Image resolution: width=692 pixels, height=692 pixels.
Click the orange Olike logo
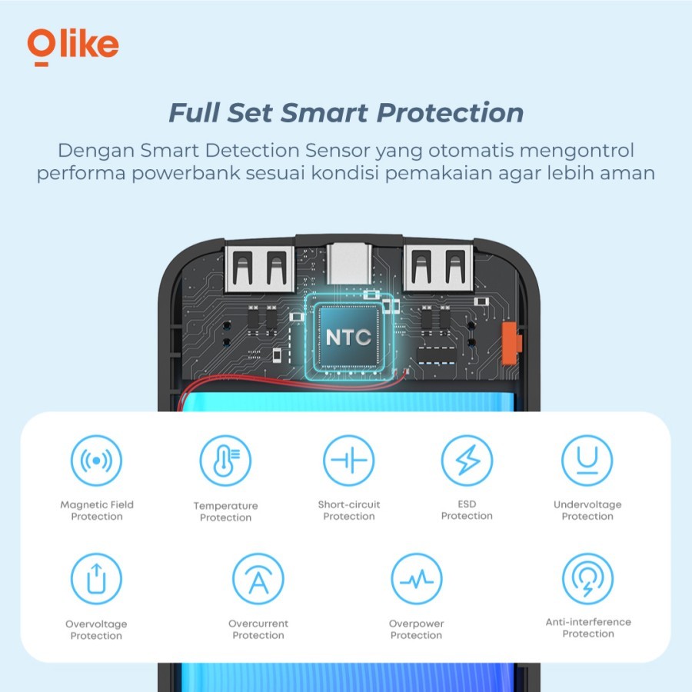pos(73,47)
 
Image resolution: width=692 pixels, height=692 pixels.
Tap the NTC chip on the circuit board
pos(348,337)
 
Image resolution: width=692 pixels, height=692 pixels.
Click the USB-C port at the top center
pos(348,264)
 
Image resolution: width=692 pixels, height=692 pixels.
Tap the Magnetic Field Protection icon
pos(96,461)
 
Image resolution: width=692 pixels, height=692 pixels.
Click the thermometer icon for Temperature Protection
pos(225,461)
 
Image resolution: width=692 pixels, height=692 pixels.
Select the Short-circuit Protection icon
pos(348,461)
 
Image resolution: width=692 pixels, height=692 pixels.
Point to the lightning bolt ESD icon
pos(467,461)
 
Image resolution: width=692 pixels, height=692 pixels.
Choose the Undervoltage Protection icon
pos(587,461)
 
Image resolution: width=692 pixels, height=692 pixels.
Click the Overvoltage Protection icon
pos(96,578)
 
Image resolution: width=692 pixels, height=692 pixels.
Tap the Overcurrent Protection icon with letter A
pos(258,578)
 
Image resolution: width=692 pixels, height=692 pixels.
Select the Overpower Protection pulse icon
pos(417,578)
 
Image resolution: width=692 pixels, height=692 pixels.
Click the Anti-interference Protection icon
pos(588,578)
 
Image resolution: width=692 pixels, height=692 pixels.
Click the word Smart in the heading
pos(324,112)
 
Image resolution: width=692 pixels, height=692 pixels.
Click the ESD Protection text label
pos(467,510)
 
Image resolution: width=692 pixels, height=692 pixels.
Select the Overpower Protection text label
pos(416,629)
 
